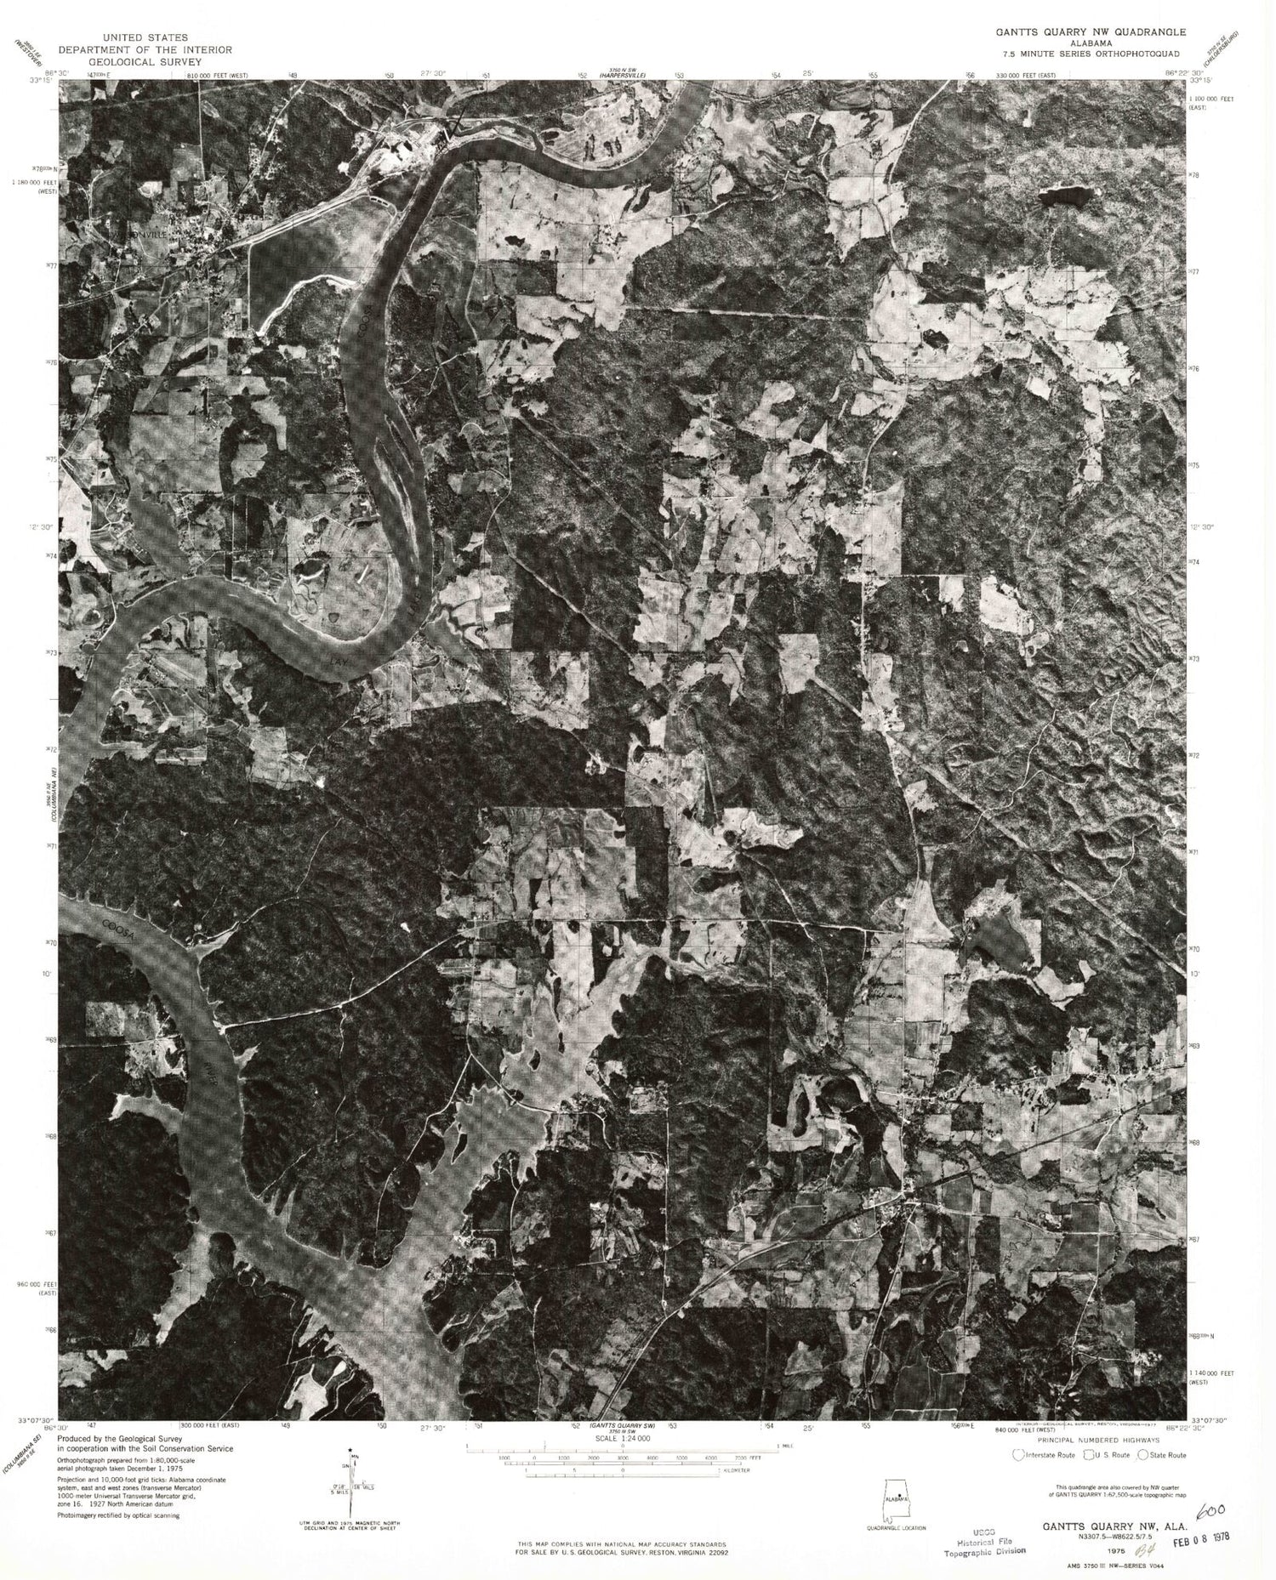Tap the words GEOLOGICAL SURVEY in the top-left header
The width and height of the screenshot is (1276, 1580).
[x=155, y=62]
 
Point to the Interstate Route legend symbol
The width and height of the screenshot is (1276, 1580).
[x=1017, y=1455]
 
